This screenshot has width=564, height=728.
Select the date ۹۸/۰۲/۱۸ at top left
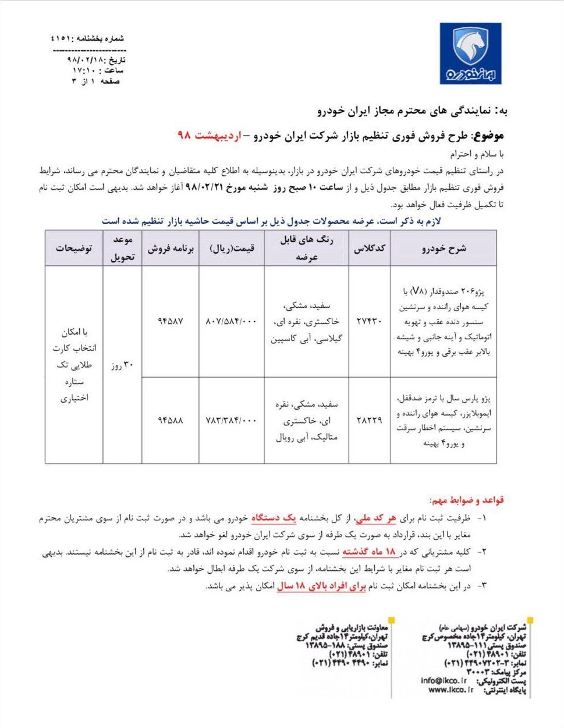(84, 60)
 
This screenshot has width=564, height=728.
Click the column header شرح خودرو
(444, 248)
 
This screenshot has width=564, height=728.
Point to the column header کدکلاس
(370, 248)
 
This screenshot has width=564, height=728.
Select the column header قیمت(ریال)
(232, 248)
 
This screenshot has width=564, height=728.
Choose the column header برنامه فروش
(171, 248)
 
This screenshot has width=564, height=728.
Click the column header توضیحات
(74, 248)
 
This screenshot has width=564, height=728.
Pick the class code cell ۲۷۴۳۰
(369, 321)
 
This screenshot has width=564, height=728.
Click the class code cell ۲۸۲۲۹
(369, 420)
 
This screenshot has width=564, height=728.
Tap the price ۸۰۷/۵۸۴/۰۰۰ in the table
(231, 321)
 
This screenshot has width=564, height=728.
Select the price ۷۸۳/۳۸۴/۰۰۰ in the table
(231, 420)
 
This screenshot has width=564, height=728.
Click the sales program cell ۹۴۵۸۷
(170, 321)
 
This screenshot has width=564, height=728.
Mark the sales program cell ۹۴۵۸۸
(170, 420)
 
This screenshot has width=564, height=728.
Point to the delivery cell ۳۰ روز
(122, 365)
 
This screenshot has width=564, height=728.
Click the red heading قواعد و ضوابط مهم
(466, 500)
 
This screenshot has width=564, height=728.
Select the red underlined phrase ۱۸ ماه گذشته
(368, 551)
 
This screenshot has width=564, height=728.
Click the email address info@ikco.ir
(444, 680)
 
